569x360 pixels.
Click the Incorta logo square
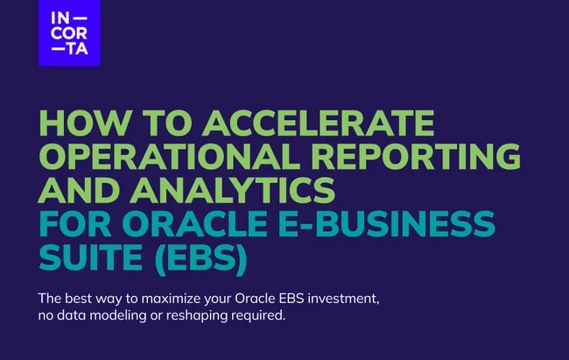[70, 33]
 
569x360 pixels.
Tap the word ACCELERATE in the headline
[319, 123]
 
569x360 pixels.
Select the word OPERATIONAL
[170, 156]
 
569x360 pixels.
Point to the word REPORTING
[416, 156]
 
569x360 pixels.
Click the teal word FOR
[74, 223]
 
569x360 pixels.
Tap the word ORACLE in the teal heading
[195, 223]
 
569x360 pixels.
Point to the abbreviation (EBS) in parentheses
[201, 258]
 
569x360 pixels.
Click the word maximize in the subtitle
[171, 299]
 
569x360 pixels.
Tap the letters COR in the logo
[69, 33]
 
